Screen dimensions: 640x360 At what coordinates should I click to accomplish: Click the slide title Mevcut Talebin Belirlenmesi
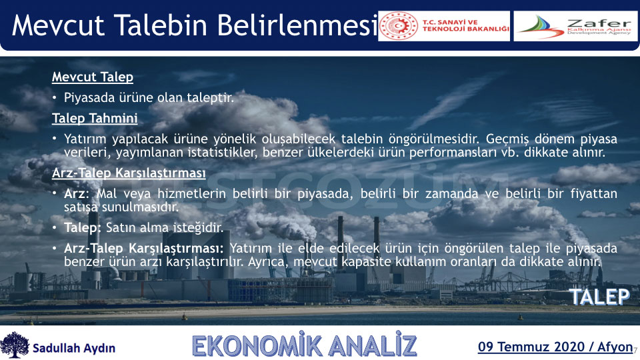[195, 25]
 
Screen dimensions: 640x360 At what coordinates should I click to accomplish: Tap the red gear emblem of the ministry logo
[399, 26]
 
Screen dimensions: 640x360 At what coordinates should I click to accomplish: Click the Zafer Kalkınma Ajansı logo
[575, 26]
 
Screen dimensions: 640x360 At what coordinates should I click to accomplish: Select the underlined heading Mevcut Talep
[93, 77]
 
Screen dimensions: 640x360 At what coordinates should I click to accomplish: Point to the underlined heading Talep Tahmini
[95, 118]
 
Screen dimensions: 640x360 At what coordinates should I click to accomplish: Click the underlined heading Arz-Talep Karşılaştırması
[129, 173]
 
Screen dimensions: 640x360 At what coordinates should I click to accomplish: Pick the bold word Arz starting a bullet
[75, 193]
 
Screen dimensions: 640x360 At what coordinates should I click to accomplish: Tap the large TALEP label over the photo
[600, 297]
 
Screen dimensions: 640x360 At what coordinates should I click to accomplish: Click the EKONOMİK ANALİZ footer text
[305, 345]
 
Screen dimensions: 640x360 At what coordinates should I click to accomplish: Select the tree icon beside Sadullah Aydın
[15, 345]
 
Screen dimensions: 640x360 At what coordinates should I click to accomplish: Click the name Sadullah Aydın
[74, 348]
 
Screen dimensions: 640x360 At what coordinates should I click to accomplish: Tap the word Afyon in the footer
[615, 347]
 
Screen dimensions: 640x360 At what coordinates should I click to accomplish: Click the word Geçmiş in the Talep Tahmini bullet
[507, 139]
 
